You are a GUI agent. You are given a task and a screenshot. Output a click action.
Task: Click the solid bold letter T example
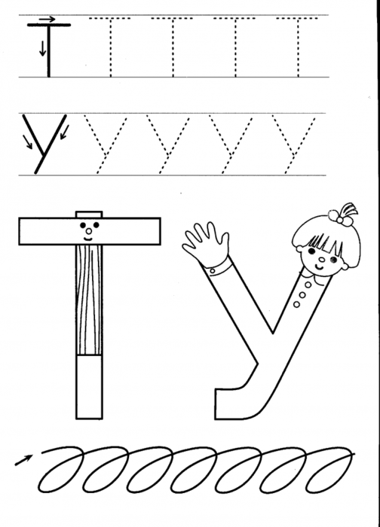(49, 50)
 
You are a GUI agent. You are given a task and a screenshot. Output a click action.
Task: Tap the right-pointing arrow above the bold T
(47, 19)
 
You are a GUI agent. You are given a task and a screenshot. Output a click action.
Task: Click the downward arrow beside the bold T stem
(42, 48)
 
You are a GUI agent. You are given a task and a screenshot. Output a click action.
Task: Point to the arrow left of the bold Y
(28, 142)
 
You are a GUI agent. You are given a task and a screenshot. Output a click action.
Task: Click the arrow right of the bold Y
(65, 132)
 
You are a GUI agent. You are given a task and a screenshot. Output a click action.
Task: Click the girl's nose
(321, 259)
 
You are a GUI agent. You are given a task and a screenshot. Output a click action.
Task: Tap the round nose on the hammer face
(88, 231)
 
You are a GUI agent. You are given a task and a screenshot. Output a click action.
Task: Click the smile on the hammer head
(88, 239)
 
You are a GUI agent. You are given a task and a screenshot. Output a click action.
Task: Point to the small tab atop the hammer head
(89, 215)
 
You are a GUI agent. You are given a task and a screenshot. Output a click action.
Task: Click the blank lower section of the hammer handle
(89, 386)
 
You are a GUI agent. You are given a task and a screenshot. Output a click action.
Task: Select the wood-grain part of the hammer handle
(89, 300)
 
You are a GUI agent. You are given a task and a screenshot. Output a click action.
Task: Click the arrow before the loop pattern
(23, 460)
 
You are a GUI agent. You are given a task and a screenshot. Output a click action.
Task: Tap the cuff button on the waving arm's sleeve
(213, 270)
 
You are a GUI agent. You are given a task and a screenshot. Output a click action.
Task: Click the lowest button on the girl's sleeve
(296, 304)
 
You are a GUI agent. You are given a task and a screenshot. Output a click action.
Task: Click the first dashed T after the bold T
(110, 47)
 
